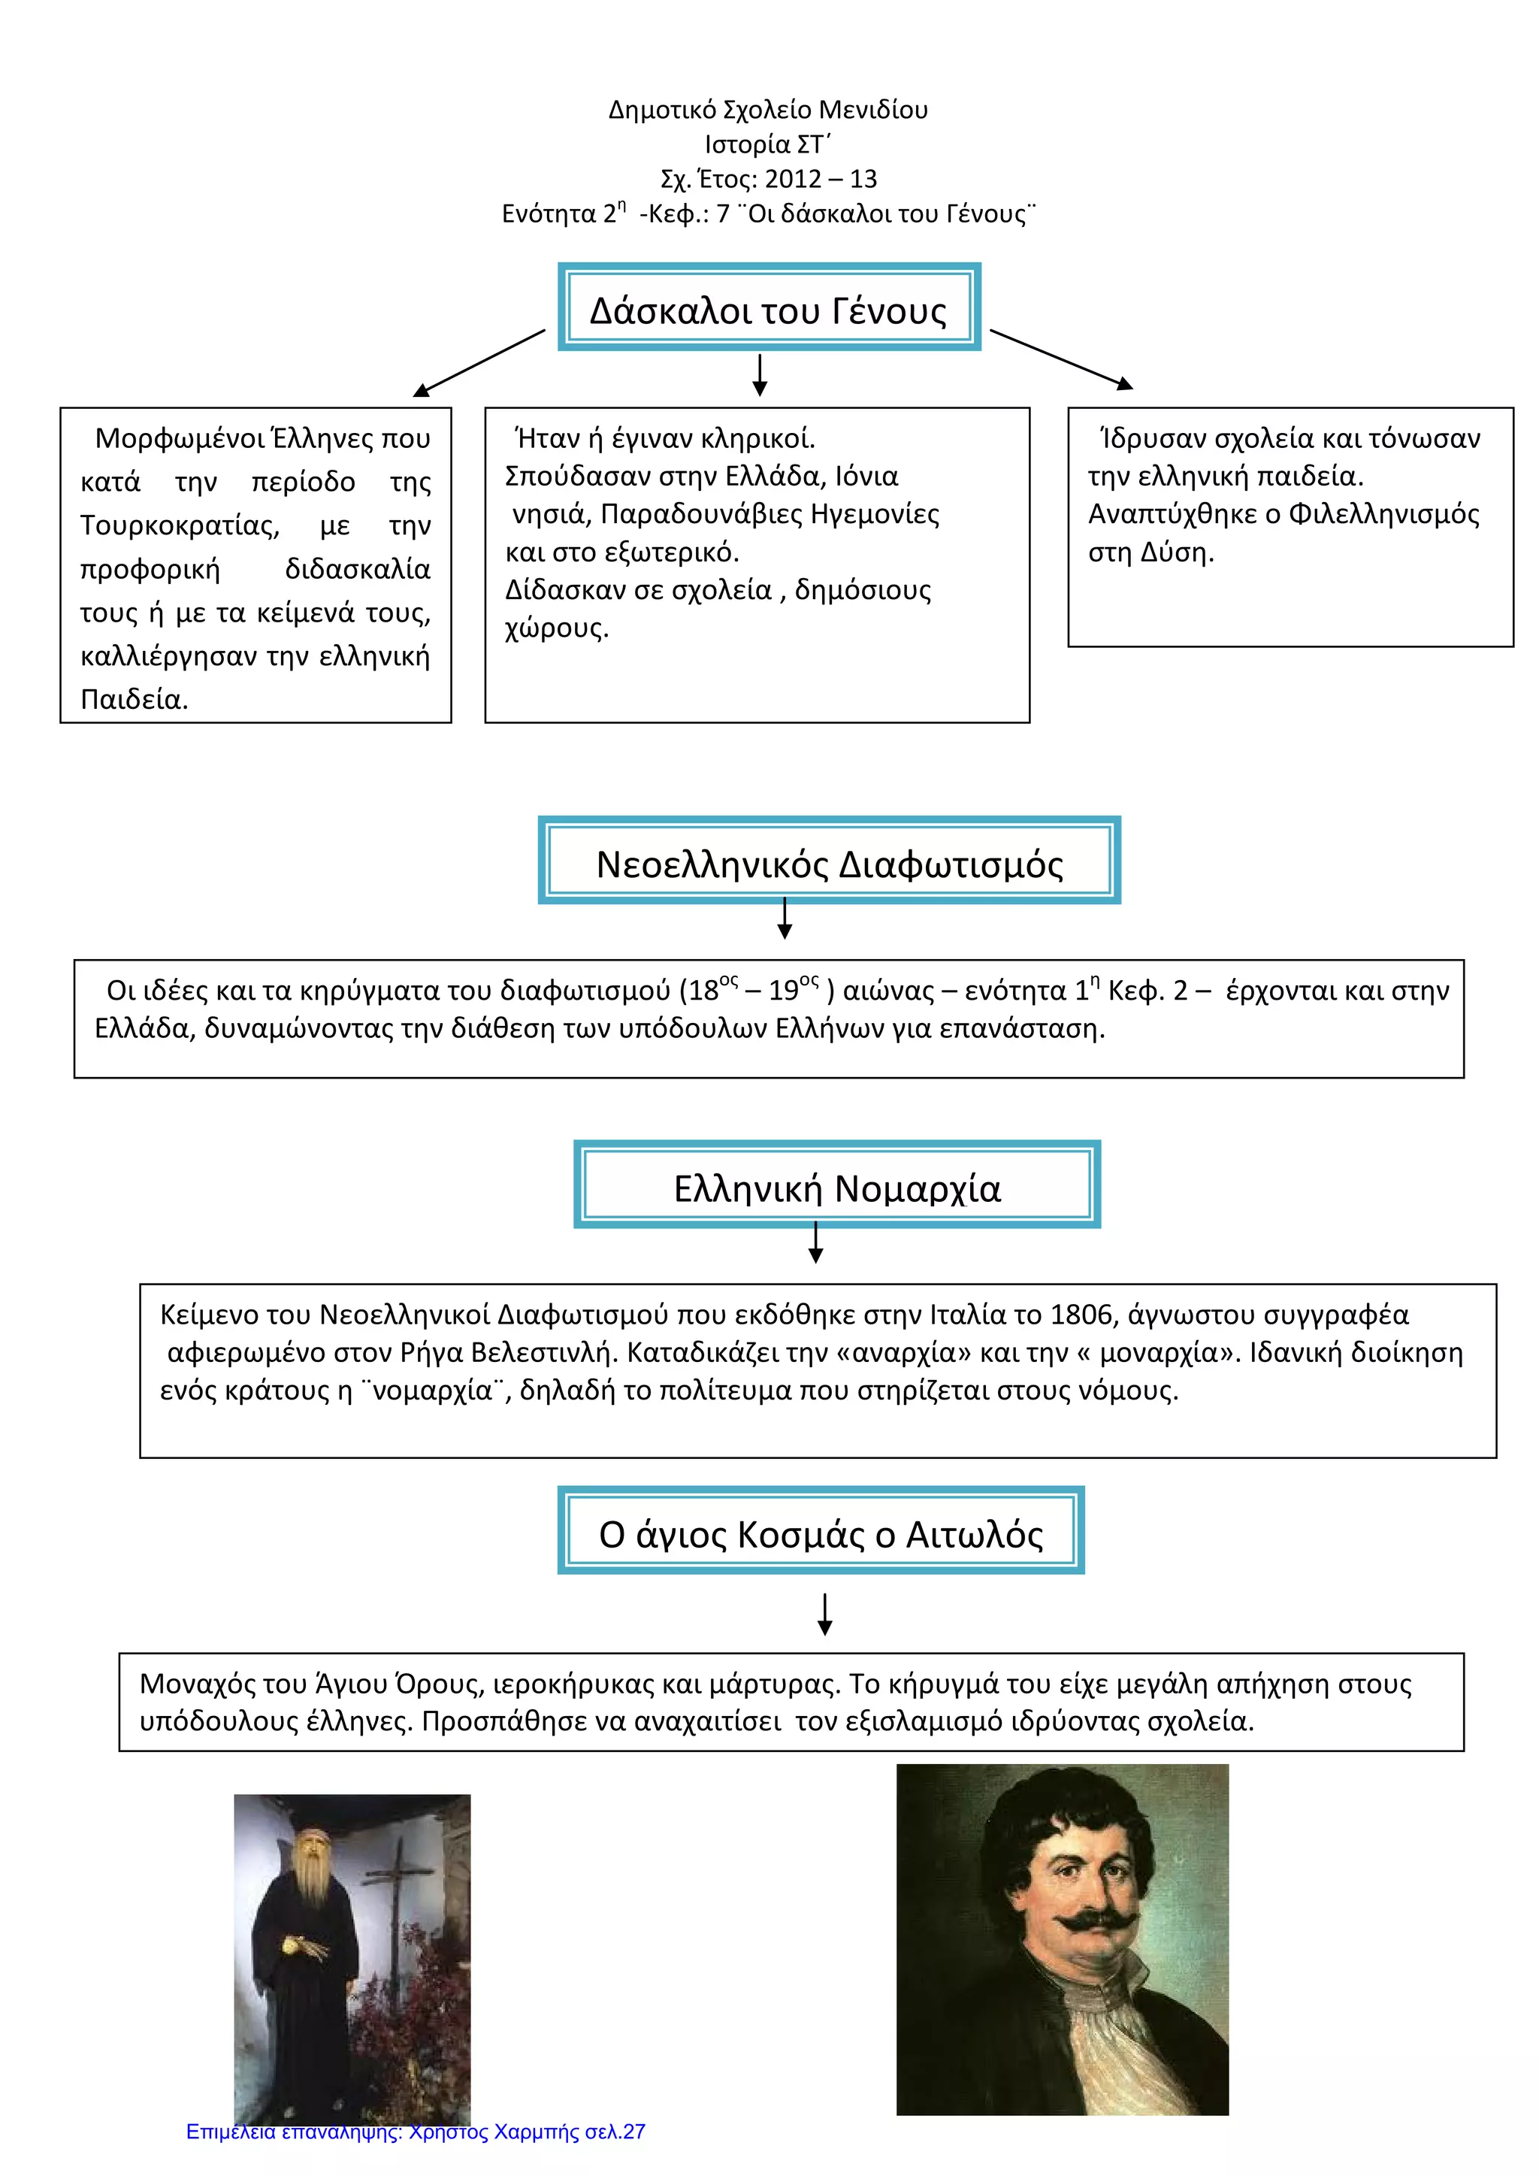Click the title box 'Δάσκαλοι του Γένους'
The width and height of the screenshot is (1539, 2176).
[769, 307]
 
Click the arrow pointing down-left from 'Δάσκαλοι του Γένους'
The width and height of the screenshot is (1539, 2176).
[479, 363]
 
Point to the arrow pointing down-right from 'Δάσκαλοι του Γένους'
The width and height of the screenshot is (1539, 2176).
[1061, 360]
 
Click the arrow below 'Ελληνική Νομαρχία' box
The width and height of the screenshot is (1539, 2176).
[816, 1243]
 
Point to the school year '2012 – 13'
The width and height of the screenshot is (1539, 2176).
[821, 179]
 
